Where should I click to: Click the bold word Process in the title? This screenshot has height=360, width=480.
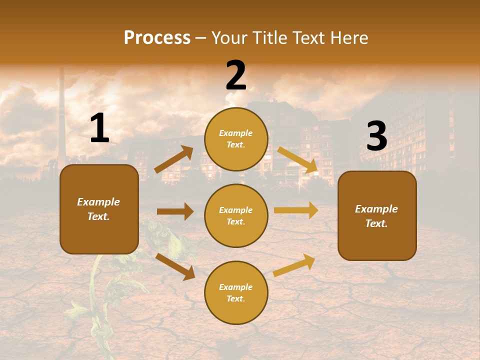click(157, 37)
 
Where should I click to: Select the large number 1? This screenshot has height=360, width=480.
click(99, 128)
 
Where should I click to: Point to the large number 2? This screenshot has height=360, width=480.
click(236, 75)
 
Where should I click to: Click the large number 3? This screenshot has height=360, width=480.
click(376, 136)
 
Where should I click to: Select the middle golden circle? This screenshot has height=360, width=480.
click(236, 215)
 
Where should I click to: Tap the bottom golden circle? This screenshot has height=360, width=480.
click(236, 292)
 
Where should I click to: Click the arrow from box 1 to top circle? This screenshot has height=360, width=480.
click(173, 159)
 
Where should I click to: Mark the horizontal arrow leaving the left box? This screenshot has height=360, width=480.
click(175, 211)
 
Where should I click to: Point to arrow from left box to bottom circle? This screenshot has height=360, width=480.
click(175, 266)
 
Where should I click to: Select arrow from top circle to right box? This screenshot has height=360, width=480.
click(298, 160)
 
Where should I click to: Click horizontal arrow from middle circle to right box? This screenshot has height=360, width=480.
click(296, 210)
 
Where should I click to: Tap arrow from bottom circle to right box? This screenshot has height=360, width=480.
click(294, 265)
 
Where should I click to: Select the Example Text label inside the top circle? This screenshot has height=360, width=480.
click(236, 139)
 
